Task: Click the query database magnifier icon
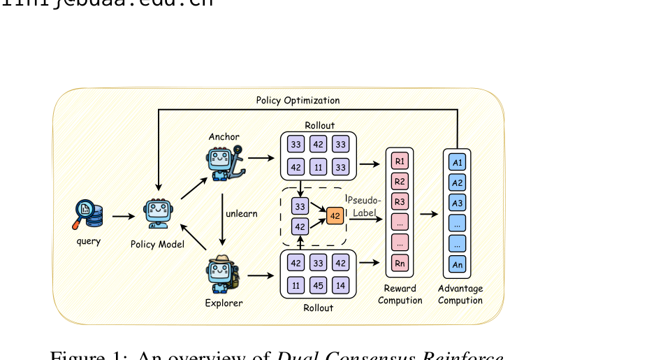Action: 88,215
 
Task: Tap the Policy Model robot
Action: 158,215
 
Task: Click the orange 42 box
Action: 335,216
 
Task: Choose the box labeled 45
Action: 319,285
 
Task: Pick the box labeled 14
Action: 341,285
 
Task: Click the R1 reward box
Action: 399,161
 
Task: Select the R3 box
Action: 399,202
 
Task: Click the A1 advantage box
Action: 457,163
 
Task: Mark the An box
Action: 457,265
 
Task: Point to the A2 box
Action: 457,183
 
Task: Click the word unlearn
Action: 241,213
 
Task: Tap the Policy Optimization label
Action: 298,101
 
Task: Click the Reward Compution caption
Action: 400,294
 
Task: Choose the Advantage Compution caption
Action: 460,294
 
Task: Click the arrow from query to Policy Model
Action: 123,216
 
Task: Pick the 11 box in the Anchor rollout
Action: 319,167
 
